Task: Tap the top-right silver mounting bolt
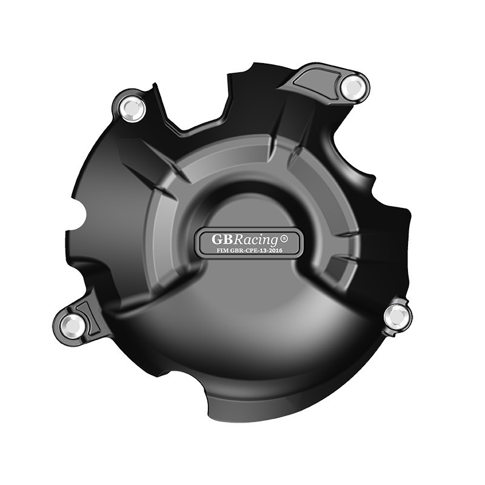pos(352,87)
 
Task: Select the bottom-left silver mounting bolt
pos(73,326)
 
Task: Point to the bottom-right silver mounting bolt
pos(397,315)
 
